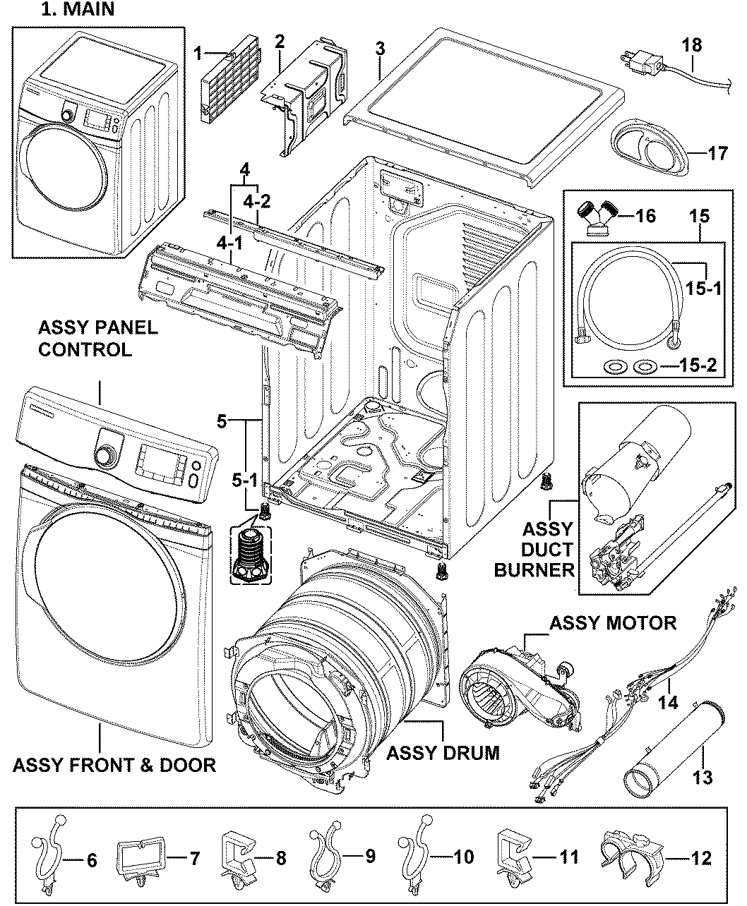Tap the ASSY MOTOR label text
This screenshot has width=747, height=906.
(612, 622)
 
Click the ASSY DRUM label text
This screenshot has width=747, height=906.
(443, 753)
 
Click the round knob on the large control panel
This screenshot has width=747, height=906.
(105, 455)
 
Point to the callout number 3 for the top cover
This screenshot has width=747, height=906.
(380, 49)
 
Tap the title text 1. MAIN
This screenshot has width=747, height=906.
(78, 10)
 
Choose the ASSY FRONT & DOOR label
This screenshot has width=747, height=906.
(114, 765)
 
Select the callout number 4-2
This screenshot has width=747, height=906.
(256, 200)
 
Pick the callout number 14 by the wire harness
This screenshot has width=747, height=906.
(667, 702)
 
